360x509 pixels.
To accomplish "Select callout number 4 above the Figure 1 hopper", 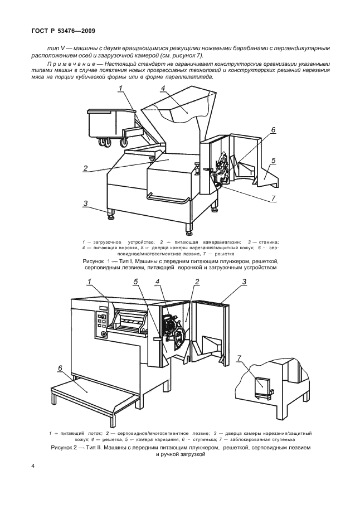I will click(162, 89).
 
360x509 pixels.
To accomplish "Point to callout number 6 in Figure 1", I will click(273, 130).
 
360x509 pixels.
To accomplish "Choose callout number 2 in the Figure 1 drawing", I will click(86, 168).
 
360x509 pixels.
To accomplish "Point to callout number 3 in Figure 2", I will click(244, 282).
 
